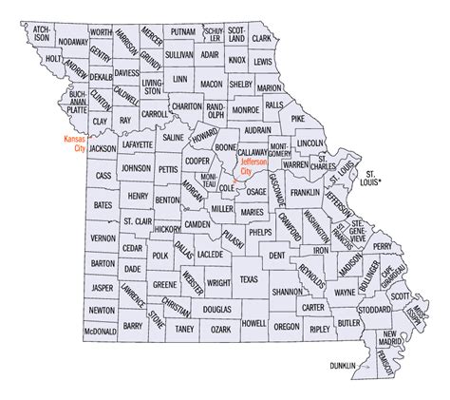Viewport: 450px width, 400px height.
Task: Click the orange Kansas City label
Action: (75, 142)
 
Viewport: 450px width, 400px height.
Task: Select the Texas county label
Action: (248, 279)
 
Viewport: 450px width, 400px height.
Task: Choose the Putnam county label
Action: (182, 31)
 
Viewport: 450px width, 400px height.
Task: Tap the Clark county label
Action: (261, 39)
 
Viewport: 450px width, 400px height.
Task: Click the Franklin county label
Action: (305, 192)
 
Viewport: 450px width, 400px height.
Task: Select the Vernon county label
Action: (102, 238)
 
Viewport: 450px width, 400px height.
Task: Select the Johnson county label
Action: (135, 168)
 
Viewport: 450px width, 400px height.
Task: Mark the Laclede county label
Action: (210, 255)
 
